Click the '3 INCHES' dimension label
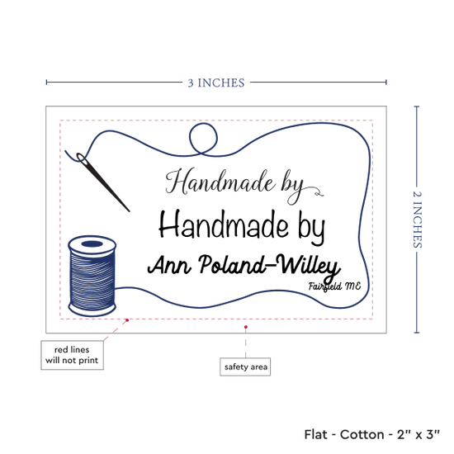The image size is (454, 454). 216,83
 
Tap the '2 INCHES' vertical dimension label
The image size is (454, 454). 417,220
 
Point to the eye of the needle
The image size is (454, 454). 82,158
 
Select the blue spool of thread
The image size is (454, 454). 92,276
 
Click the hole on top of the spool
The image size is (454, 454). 92,244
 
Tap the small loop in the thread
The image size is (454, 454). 203,139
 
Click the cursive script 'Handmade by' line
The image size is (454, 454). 244,186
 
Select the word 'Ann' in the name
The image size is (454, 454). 169,265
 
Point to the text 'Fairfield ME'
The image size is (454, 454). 334,286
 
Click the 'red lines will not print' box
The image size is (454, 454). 72,355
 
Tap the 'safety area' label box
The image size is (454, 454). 245,367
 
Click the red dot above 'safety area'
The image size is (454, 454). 245,327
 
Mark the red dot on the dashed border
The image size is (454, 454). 127,320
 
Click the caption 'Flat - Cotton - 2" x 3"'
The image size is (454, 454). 371,434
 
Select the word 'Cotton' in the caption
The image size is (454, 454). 362,434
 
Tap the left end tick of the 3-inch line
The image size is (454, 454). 46,83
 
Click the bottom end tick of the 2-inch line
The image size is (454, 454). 417,333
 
